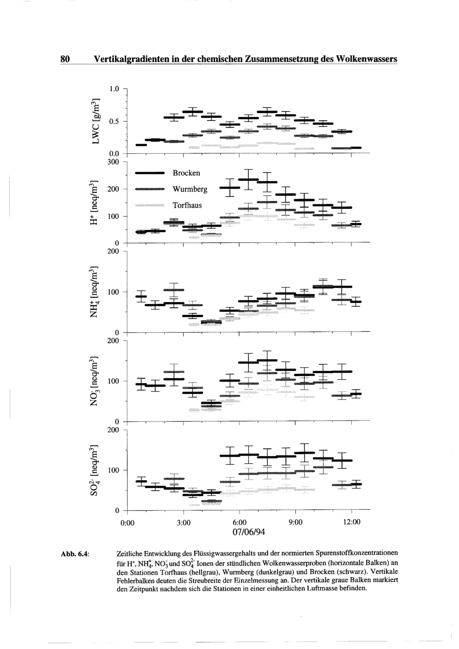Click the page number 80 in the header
(65, 59)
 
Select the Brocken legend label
(186, 173)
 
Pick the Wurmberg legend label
(190, 189)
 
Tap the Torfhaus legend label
(187, 205)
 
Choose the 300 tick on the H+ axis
(113, 162)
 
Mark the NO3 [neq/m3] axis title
(95, 381)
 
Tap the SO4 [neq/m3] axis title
(95, 470)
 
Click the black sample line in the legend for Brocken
(150, 173)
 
